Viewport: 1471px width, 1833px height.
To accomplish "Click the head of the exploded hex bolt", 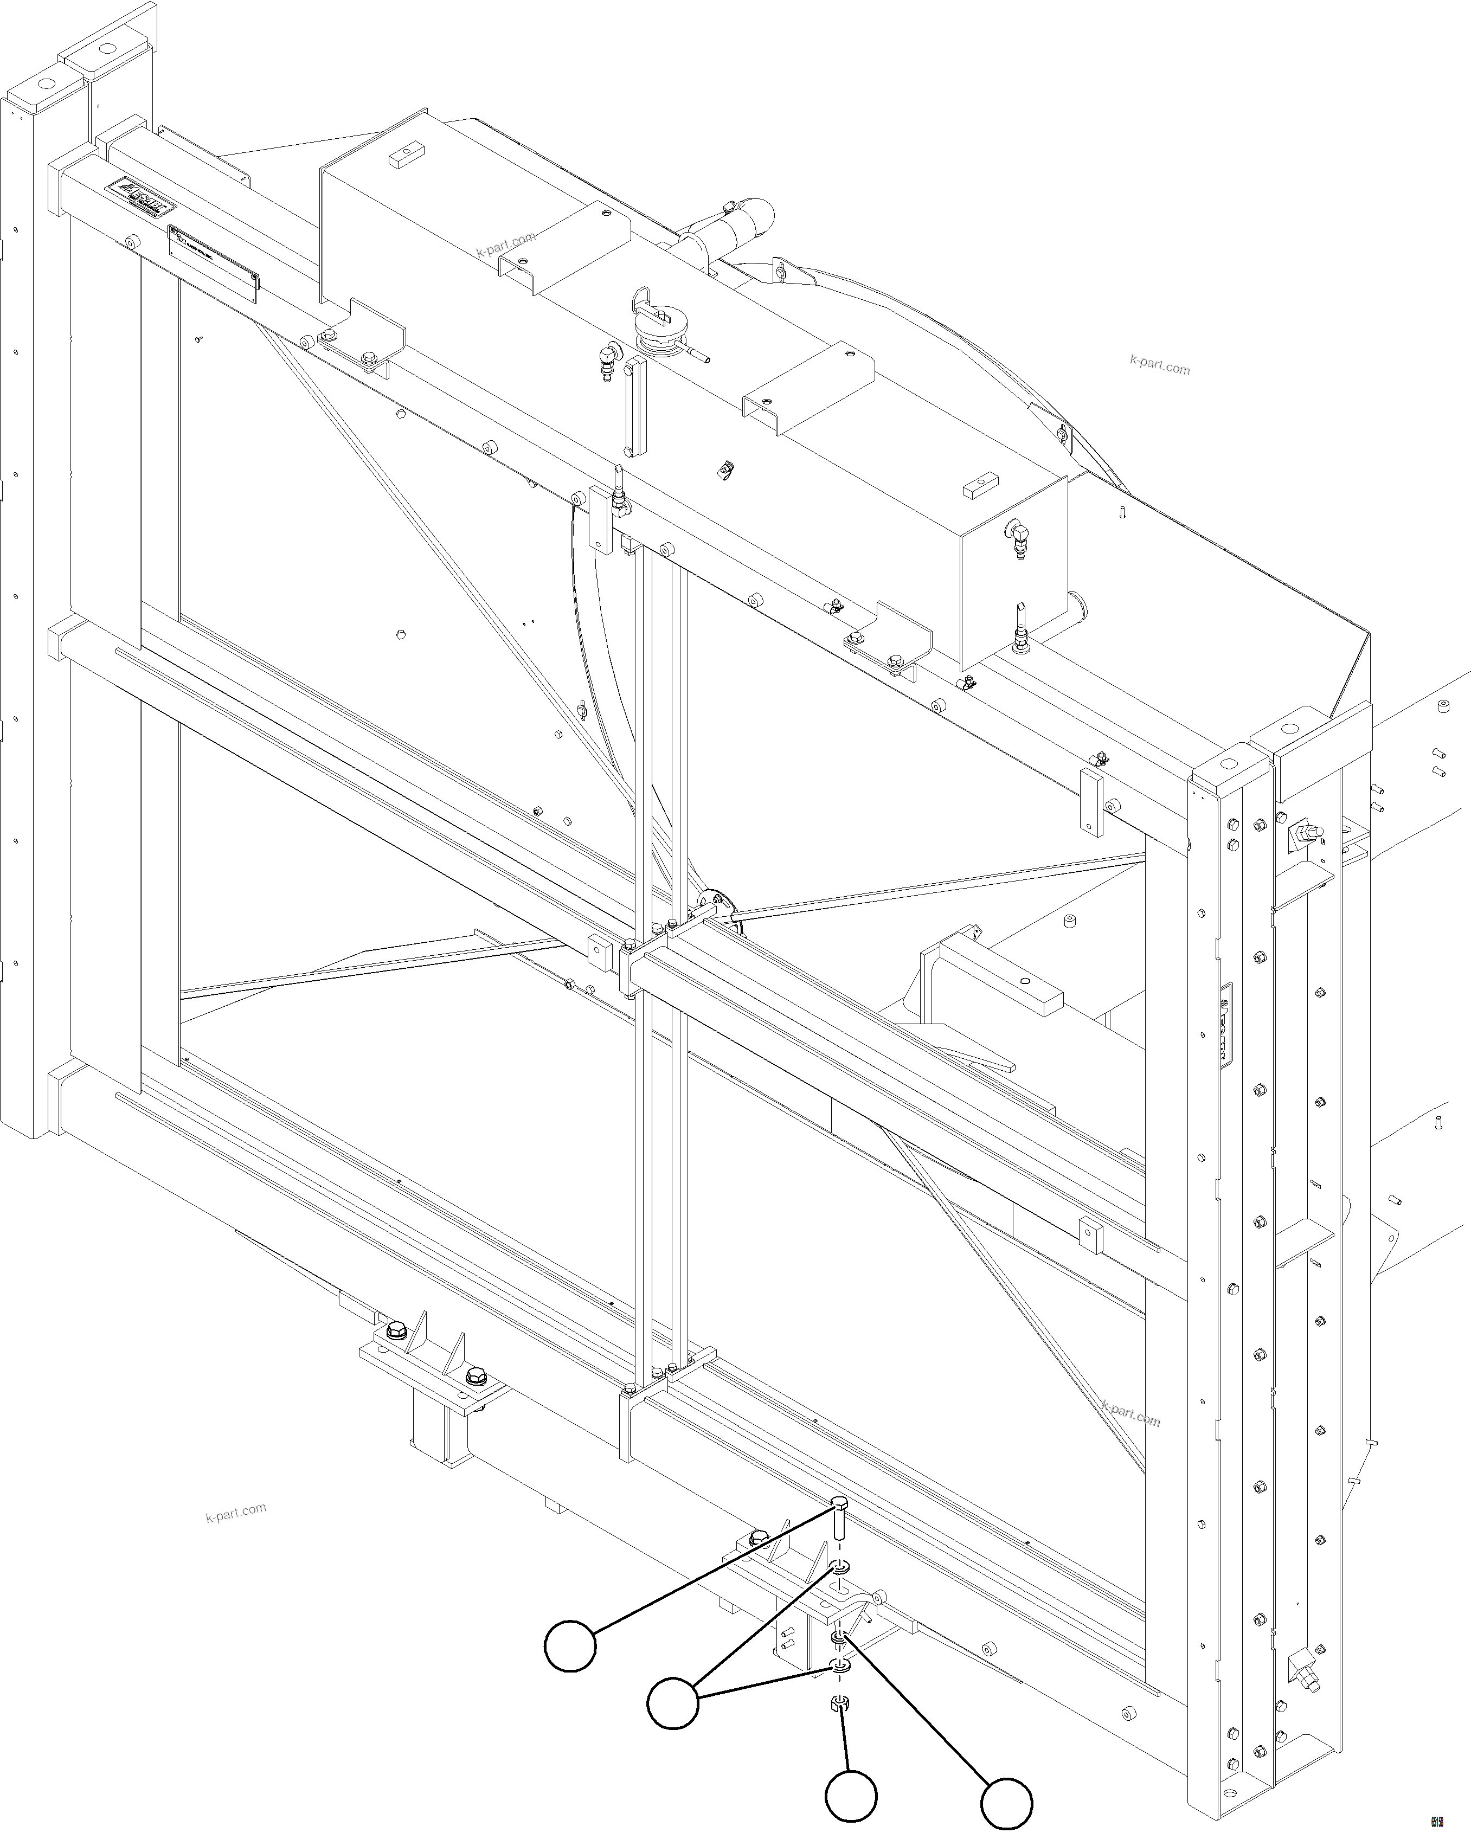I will (838, 1504).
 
